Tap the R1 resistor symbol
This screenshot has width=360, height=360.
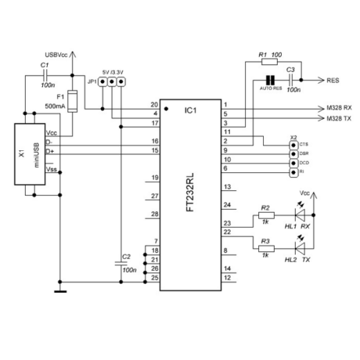[x=268, y=59]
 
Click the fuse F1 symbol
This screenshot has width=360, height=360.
[x=72, y=101]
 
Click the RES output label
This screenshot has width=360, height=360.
[x=332, y=80]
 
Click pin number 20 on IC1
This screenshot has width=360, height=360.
[x=154, y=105]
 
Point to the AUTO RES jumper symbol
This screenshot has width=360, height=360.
[x=268, y=80]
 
